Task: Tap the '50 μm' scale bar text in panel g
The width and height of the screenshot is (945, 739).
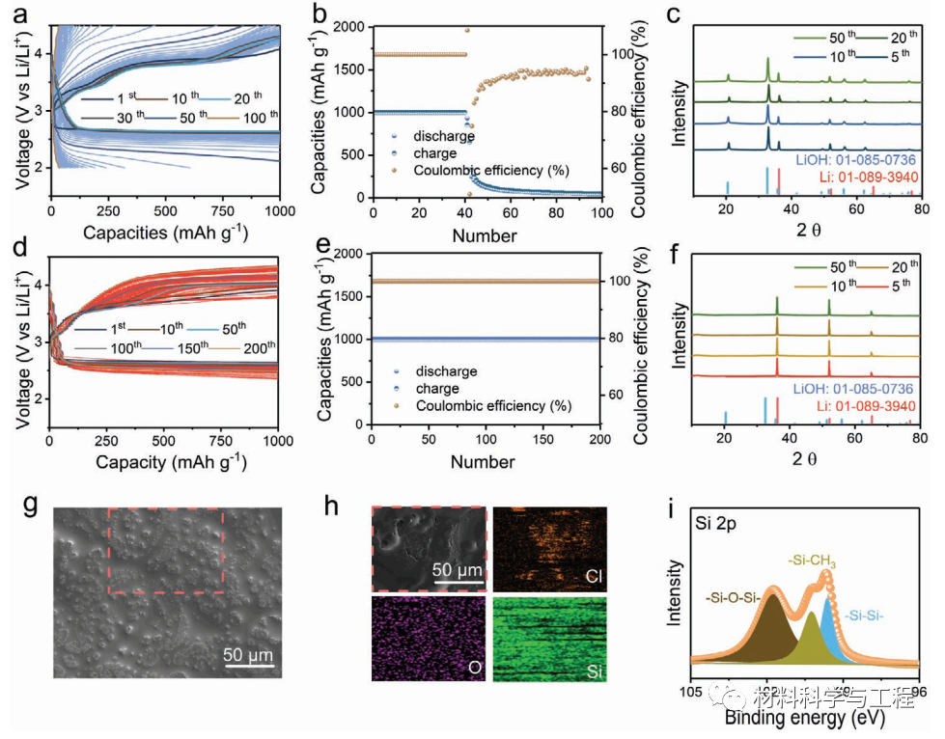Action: coord(249,655)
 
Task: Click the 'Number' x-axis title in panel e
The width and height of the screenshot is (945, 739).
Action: coord(486,462)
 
